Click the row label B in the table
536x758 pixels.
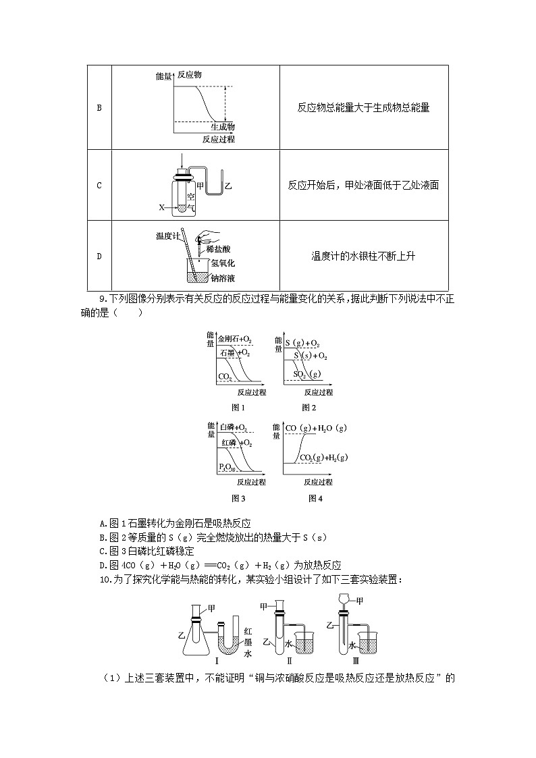point(99,107)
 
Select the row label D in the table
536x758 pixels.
point(99,256)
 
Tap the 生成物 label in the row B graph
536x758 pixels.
point(222,126)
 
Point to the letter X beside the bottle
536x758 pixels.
point(161,207)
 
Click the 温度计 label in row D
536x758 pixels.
point(167,236)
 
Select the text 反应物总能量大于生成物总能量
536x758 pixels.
point(363,107)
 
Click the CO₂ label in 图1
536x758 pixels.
point(225,376)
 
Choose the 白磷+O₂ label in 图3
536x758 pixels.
point(233,429)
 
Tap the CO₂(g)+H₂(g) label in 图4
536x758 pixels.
point(323,458)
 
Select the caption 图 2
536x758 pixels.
point(309,407)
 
